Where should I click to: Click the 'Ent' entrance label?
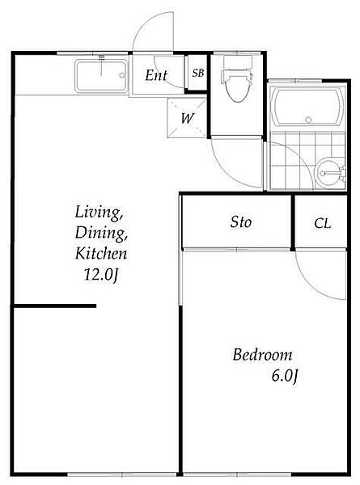(x=156, y=75)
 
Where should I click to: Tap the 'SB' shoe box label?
(x=198, y=73)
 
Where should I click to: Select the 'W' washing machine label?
(x=188, y=118)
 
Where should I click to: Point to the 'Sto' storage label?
(x=240, y=221)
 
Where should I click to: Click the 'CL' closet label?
(x=322, y=223)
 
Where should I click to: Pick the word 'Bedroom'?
(x=262, y=355)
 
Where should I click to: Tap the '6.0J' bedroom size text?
(x=285, y=376)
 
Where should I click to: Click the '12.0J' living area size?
(x=101, y=274)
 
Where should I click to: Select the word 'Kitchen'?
(x=101, y=253)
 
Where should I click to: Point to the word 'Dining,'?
(x=101, y=233)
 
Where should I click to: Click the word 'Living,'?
(x=99, y=213)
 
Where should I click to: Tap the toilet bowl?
(x=237, y=86)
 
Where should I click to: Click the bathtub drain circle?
(x=308, y=120)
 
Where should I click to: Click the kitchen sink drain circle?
(x=122, y=75)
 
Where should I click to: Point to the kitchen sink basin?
(x=101, y=76)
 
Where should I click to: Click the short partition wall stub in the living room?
(x=55, y=306)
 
